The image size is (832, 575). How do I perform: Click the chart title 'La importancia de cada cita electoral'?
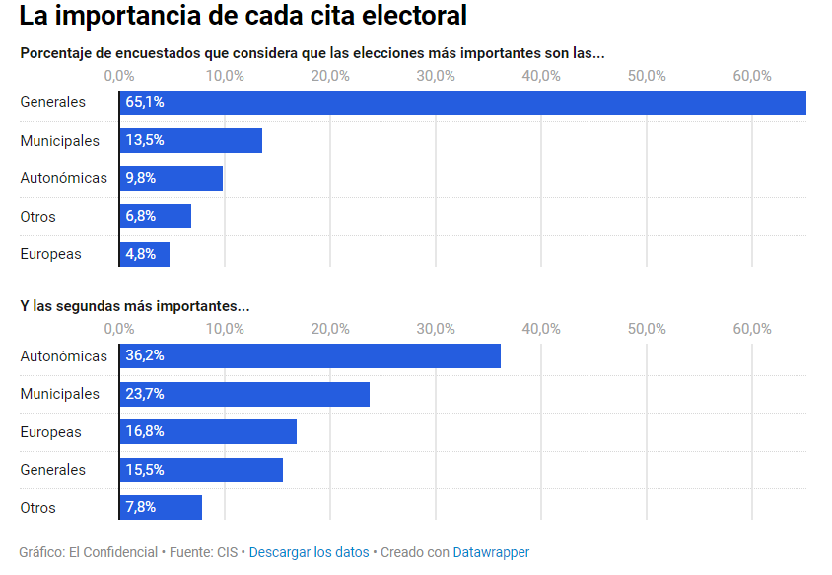pyautogui.click(x=243, y=17)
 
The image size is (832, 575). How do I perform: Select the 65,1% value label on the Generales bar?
pyautogui.click(x=144, y=102)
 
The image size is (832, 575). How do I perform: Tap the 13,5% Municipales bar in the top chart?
pyautogui.click(x=191, y=141)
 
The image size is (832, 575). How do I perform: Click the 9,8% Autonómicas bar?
pyautogui.click(x=172, y=178)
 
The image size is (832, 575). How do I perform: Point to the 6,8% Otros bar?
pyautogui.click(x=156, y=217)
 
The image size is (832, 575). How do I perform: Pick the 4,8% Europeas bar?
pyautogui.click(x=145, y=254)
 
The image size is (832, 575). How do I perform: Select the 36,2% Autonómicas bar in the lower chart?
pyautogui.click(x=310, y=356)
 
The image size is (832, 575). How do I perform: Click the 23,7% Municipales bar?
pyautogui.click(x=244, y=394)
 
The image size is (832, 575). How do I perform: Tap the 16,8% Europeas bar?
pyautogui.click(x=208, y=432)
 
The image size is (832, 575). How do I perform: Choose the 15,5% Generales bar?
pyautogui.click(x=201, y=470)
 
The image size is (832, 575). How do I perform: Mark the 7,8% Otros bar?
pyautogui.click(x=161, y=508)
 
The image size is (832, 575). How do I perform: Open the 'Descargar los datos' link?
pyautogui.click(x=309, y=552)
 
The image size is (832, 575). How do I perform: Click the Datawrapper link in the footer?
pyautogui.click(x=491, y=552)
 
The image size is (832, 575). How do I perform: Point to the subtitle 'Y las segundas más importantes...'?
pyautogui.click(x=135, y=306)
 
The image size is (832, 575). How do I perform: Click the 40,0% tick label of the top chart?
pyautogui.click(x=541, y=76)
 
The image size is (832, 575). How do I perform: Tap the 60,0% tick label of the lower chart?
pyautogui.click(x=752, y=329)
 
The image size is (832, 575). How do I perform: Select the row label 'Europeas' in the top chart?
pyautogui.click(x=50, y=254)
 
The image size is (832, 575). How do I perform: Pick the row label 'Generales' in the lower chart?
pyautogui.click(x=52, y=470)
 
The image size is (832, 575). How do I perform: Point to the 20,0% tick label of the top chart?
pyautogui.click(x=330, y=76)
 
